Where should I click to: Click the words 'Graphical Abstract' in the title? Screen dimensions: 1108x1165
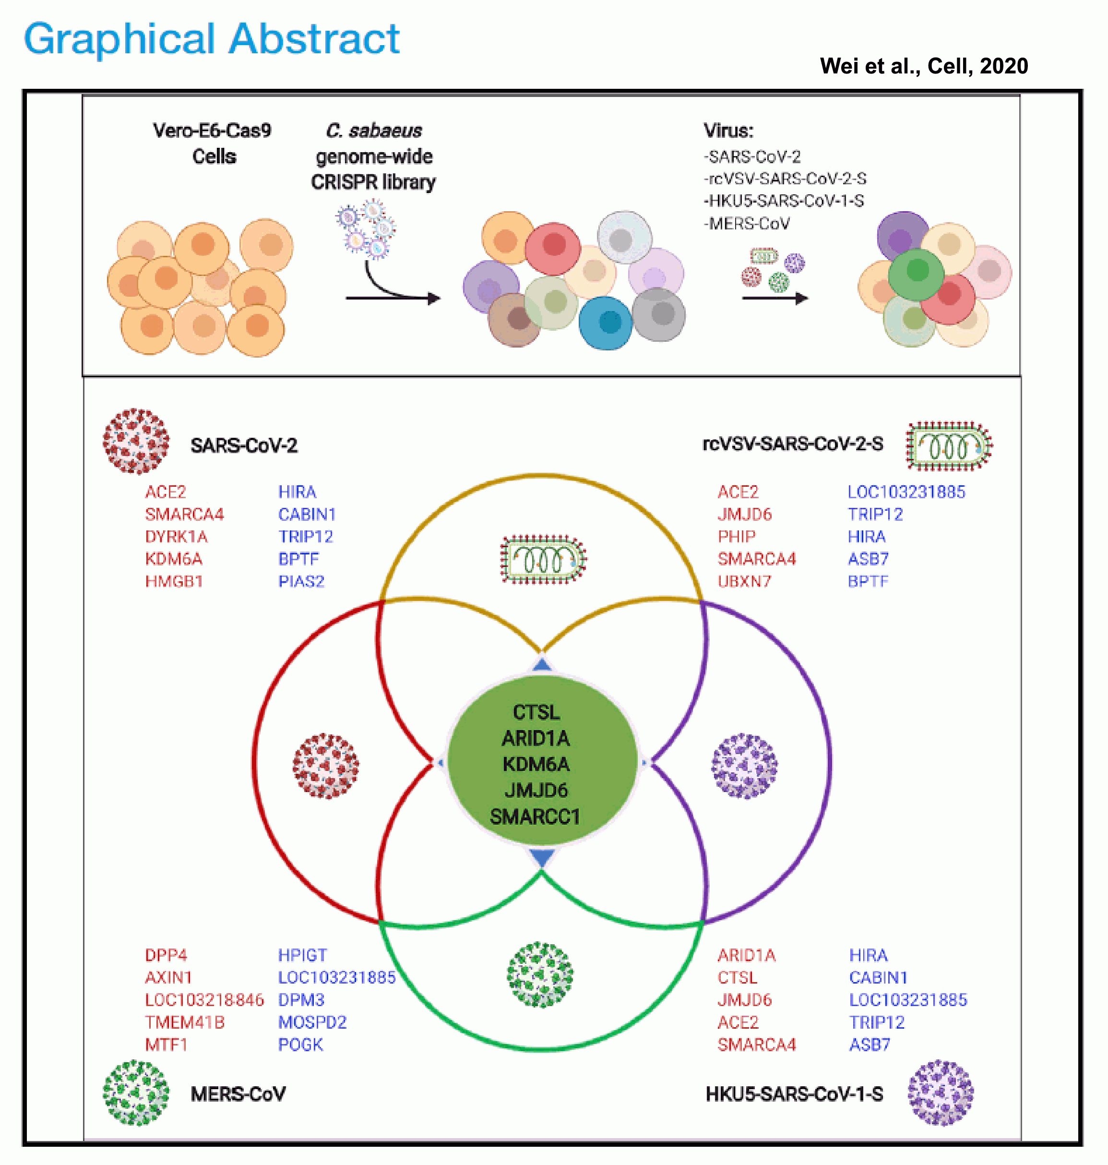tap(212, 39)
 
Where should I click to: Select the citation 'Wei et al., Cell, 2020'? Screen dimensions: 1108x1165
tap(924, 66)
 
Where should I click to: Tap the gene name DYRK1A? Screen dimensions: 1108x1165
tap(176, 537)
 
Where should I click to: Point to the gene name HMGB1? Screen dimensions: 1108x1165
tap(174, 581)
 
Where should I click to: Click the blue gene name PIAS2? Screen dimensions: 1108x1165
tap(301, 581)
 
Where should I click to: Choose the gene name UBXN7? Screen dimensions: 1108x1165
tap(744, 581)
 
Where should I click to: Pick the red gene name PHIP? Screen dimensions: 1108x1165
tap(737, 537)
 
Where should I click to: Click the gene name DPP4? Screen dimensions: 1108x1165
tap(166, 955)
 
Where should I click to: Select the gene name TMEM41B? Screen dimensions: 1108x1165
tap(185, 1022)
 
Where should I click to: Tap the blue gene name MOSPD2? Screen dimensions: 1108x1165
tap(312, 1022)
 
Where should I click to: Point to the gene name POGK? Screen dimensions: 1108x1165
tap(300, 1045)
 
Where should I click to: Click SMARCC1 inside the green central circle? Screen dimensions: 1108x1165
tap(535, 817)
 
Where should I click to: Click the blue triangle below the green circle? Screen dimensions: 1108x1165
tap(542, 857)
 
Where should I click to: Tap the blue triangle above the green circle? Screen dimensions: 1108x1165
tap(542, 665)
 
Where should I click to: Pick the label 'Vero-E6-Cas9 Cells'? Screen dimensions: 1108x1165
tap(212, 144)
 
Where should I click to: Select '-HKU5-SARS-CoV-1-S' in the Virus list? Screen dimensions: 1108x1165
tap(784, 201)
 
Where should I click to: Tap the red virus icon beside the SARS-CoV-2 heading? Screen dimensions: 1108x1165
tap(136, 441)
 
